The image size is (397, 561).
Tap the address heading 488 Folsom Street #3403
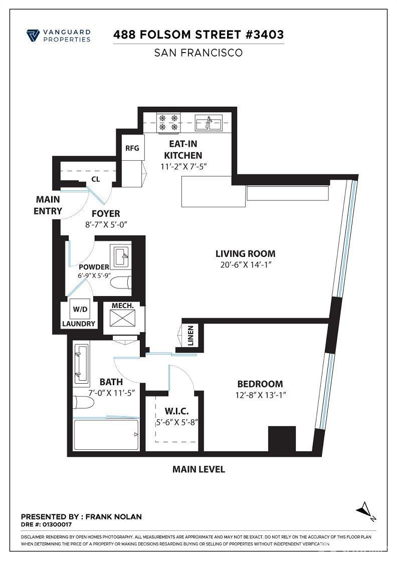[198, 35]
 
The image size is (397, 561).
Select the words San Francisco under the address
[198, 52]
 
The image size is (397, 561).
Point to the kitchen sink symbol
[210, 122]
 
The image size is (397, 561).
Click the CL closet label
[95, 178]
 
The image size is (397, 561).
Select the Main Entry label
[48, 205]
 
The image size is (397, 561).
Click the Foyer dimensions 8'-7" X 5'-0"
[107, 224]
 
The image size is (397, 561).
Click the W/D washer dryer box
[80, 310]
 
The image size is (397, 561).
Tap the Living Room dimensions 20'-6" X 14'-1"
[245, 266]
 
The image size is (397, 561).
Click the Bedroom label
[260, 384]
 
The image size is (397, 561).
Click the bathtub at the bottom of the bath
[106, 434]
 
